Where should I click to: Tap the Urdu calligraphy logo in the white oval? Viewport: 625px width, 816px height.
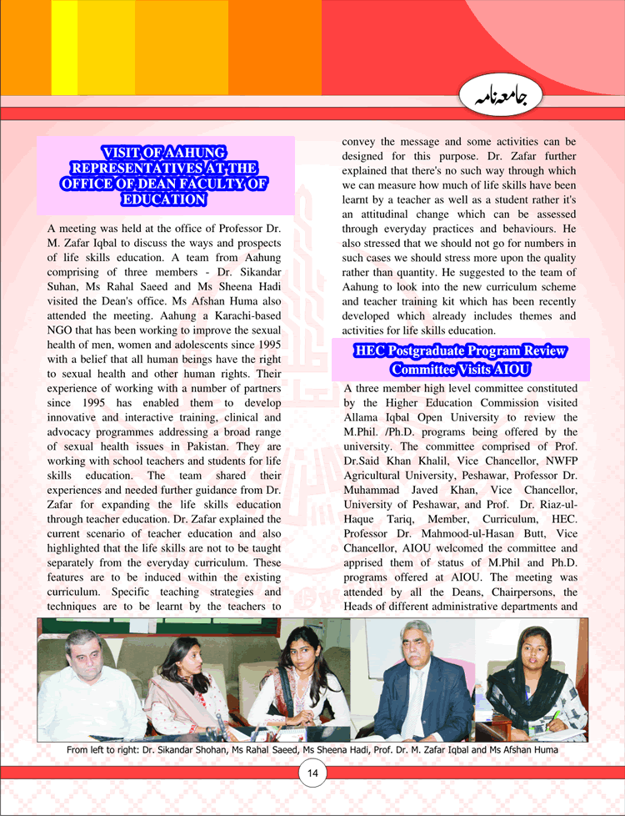click(495, 98)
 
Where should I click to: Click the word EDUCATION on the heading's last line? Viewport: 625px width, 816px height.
click(164, 199)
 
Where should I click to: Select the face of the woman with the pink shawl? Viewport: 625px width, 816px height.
click(186, 661)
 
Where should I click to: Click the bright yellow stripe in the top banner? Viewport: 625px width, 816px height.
click(64, 48)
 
